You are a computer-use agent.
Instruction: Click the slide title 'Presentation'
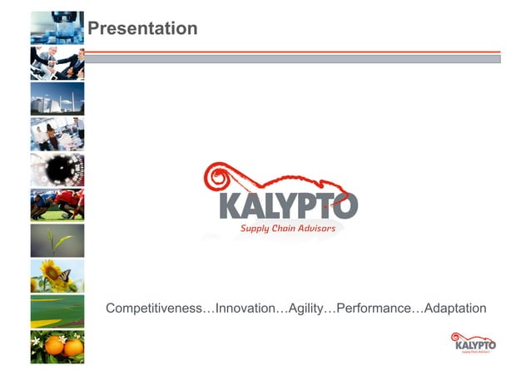pyautogui.click(x=142, y=29)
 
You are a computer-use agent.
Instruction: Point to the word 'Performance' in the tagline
pyautogui.click(x=372, y=308)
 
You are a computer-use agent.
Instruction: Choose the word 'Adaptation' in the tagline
pyautogui.click(x=454, y=308)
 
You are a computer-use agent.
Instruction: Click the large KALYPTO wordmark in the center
pyautogui.click(x=288, y=205)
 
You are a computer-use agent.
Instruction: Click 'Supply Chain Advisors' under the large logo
pyautogui.click(x=288, y=229)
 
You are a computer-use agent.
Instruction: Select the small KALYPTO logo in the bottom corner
pyautogui.click(x=474, y=343)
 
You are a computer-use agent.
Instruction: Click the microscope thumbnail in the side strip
pyautogui.click(x=57, y=27)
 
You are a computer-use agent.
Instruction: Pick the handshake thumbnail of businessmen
pyautogui.click(x=57, y=62)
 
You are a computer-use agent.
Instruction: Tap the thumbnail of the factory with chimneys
pyautogui.click(x=57, y=98)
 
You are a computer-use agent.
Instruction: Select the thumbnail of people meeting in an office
pyautogui.click(x=57, y=134)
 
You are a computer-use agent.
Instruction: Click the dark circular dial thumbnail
pyautogui.click(x=57, y=170)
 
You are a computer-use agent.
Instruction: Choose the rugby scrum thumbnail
pyautogui.click(x=57, y=205)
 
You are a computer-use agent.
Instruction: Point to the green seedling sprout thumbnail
pyautogui.click(x=57, y=240)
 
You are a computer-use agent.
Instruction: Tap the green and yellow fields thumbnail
pyautogui.click(x=57, y=311)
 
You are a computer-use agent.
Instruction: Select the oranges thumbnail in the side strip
pyautogui.click(x=57, y=347)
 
